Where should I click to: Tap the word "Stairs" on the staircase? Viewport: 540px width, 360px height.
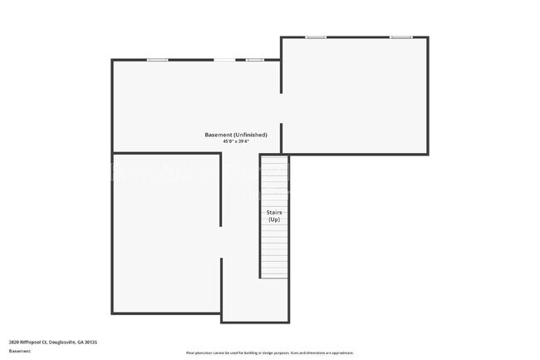pyautogui.click(x=274, y=212)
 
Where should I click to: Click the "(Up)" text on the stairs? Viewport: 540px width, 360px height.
pyautogui.click(x=274, y=219)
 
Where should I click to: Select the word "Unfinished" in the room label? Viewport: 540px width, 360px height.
pyautogui.click(x=251, y=135)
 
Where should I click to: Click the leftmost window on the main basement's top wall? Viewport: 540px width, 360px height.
pyautogui.click(x=158, y=60)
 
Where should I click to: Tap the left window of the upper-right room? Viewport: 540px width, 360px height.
pyautogui.click(x=315, y=37)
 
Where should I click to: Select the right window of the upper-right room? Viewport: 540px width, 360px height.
pyautogui.click(x=401, y=37)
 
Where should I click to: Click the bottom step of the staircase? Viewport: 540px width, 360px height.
pyautogui.click(x=274, y=274)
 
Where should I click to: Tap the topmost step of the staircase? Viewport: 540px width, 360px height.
pyautogui.click(x=274, y=160)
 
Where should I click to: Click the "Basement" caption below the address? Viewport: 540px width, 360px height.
pyautogui.click(x=20, y=352)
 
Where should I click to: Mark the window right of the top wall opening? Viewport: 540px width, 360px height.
pyautogui.click(x=255, y=60)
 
